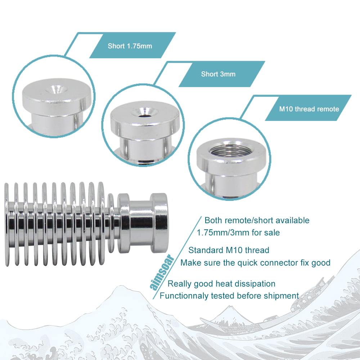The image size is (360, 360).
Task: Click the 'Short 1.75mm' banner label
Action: point(130,46)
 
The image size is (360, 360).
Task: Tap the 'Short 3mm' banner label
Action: point(218,74)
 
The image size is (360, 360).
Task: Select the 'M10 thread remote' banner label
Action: point(309,109)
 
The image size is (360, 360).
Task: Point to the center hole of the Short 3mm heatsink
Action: point(145,112)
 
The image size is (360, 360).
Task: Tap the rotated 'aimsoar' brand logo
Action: point(162,272)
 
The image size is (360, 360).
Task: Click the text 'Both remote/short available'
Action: point(257,220)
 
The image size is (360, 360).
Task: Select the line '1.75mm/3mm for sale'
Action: point(238,233)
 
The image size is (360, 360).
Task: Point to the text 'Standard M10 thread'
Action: point(229,250)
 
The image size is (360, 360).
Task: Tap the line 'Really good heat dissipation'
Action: point(221,284)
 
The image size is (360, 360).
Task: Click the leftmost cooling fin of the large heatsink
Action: point(6,225)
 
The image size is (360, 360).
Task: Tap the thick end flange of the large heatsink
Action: point(159,223)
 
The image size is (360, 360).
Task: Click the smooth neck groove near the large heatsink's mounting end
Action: point(140,223)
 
